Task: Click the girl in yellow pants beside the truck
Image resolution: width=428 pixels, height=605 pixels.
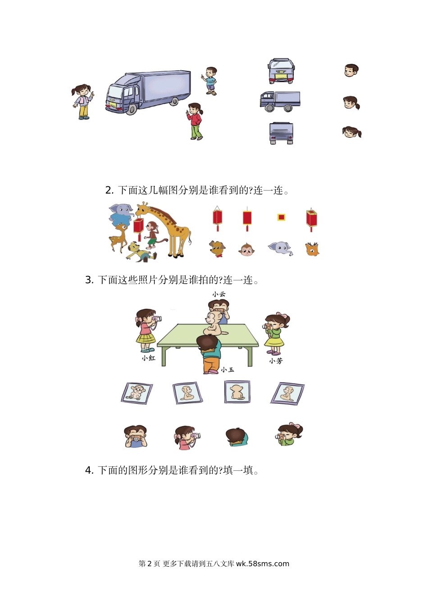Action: click(x=82, y=102)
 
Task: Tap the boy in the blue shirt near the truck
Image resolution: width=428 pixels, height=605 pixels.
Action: click(x=209, y=81)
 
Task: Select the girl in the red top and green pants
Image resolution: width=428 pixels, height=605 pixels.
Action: click(x=195, y=121)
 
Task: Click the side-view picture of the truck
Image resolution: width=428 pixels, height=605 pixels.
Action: click(x=280, y=101)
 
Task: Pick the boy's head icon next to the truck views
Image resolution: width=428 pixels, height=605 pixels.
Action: click(x=351, y=71)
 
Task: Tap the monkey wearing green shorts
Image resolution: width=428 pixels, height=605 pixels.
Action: click(x=151, y=235)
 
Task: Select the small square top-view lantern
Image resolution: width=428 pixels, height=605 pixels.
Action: click(x=281, y=217)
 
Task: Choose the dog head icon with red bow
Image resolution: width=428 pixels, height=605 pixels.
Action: click(x=217, y=249)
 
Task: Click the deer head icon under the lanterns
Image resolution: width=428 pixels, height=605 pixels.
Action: click(x=312, y=249)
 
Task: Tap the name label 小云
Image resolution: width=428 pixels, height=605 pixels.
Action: click(x=219, y=294)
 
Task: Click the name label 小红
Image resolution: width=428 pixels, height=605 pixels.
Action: click(x=148, y=358)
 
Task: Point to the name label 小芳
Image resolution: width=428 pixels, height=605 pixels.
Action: click(x=276, y=361)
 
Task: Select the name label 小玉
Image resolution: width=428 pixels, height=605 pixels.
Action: click(x=228, y=370)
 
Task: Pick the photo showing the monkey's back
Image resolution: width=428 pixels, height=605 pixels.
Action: click(x=237, y=392)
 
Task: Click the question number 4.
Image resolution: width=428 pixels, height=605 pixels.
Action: click(x=89, y=471)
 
